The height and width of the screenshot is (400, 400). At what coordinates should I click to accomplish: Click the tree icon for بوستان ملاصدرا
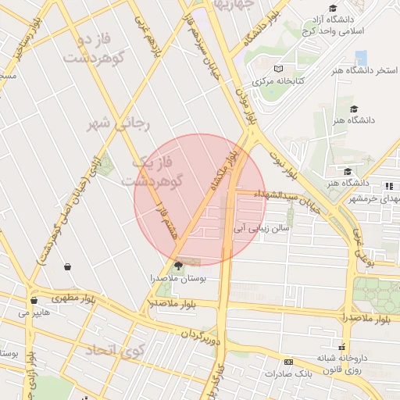point(179,265)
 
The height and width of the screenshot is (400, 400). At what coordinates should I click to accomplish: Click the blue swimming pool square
point(361,58)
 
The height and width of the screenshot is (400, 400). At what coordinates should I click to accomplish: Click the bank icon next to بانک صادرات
point(288,362)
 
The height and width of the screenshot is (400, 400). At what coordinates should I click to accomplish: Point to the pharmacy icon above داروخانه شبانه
point(341,346)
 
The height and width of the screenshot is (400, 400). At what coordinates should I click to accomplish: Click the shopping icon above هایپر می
point(33,300)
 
